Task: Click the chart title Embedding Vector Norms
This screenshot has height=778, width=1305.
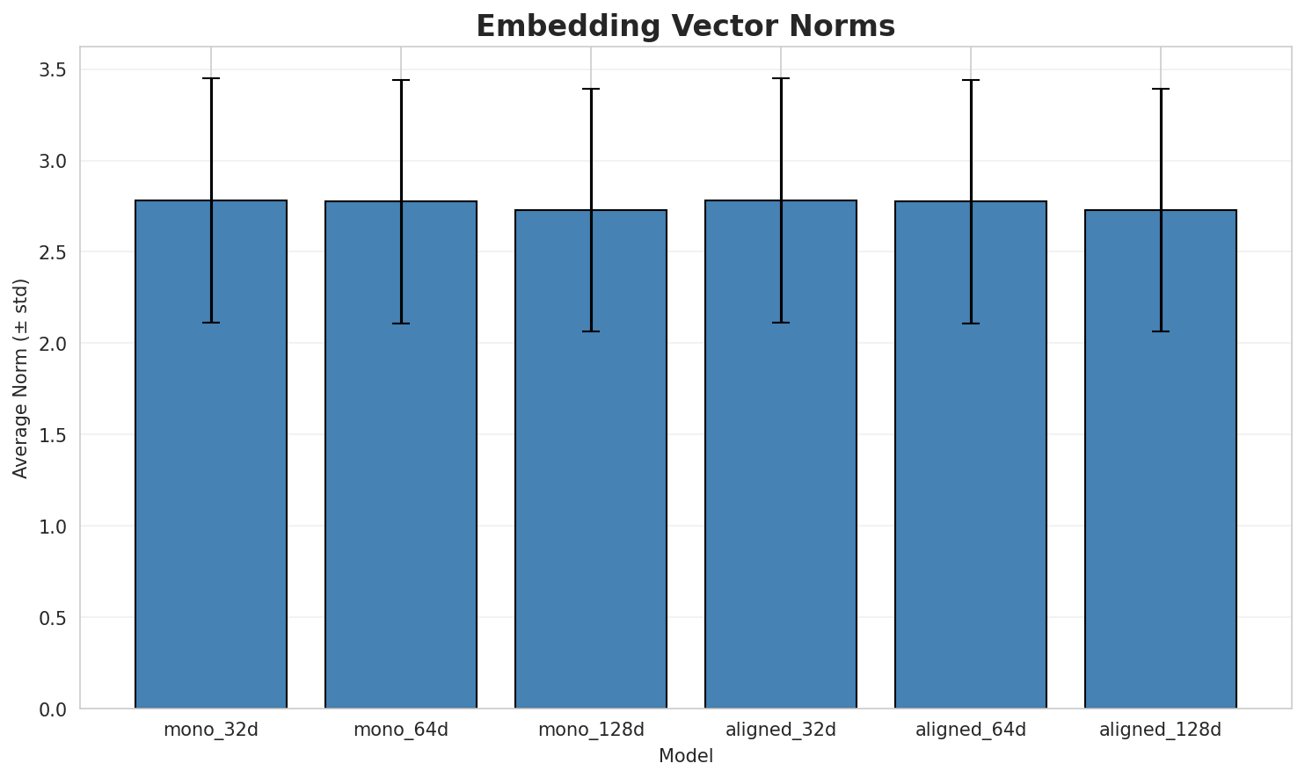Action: click(685, 26)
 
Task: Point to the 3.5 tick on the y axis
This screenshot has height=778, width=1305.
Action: click(54, 69)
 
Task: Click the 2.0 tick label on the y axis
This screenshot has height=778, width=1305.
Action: click(54, 344)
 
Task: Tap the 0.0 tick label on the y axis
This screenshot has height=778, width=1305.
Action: click(54, 709)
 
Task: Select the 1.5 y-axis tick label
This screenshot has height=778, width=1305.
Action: click(54, 435)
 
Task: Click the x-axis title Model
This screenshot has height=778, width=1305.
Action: click(685, 756)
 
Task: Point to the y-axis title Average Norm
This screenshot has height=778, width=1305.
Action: click(21, 378)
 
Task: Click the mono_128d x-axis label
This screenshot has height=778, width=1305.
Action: click(591, 730)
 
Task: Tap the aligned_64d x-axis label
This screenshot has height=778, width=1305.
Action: click(971, 730)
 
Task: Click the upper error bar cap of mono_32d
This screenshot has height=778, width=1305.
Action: click(211, 78)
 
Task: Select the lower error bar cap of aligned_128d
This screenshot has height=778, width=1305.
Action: click(1161, 331)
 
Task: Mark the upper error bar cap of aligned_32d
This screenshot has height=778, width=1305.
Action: click(781, 78)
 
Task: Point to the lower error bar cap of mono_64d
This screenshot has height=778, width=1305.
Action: click(401, 324)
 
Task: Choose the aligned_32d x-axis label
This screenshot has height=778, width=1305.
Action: click(781, 730)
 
